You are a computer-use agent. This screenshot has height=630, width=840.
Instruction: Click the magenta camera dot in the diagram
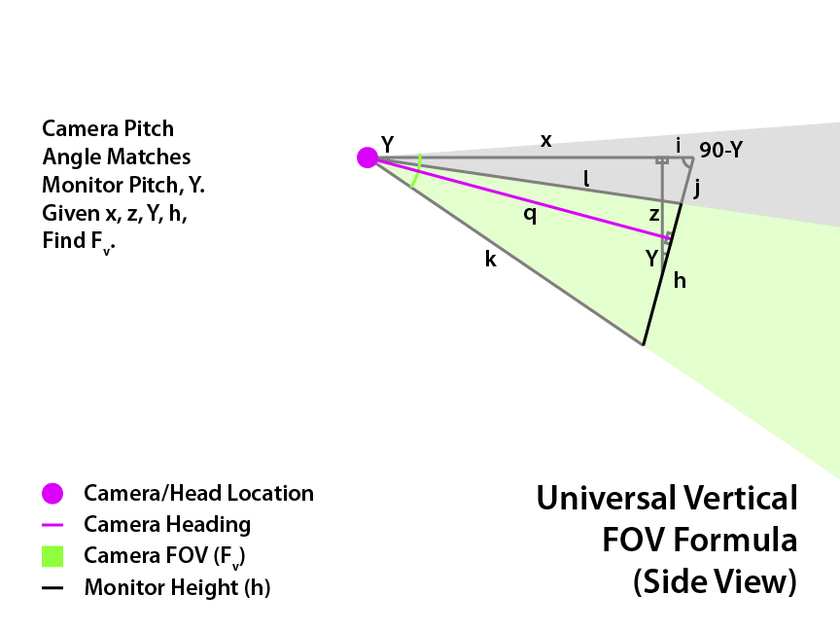367,157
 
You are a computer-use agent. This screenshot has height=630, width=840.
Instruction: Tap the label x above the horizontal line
546,141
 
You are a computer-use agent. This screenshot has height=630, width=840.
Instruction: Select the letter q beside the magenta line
530,216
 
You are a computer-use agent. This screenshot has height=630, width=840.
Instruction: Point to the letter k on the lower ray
490,260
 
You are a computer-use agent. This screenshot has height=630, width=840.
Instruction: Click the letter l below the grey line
586,179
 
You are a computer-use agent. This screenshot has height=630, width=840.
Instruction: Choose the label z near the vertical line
654,214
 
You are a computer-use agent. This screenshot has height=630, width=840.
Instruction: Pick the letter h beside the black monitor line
680,281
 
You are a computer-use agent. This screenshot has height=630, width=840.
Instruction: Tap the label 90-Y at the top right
722,151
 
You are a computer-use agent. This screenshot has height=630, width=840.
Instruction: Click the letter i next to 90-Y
679,147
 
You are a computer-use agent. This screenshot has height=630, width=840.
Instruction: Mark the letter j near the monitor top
697,189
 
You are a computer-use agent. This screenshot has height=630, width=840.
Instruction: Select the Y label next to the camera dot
387,145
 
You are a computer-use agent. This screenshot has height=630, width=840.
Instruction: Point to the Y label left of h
652,259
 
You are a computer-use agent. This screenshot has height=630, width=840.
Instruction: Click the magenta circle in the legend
52,494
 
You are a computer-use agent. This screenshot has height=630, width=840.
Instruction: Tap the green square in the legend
52,557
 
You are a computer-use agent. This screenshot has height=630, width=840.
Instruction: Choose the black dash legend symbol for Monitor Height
52,588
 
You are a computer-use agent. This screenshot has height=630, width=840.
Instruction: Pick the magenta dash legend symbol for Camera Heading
52,525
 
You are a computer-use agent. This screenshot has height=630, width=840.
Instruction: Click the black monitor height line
663,272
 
